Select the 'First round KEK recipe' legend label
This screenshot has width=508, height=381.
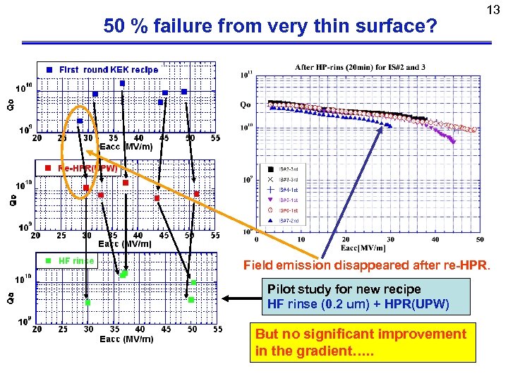tap(109, 69)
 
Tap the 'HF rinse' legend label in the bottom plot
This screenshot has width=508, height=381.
tap(76, 260)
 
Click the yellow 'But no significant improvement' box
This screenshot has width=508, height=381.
tap(361, 342)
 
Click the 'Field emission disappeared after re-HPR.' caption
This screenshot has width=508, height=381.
tap(366, 266)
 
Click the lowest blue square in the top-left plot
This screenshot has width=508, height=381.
tap(80, 121)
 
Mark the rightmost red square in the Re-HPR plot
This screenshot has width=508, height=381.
tap(197, 193)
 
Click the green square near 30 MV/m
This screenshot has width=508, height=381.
tap(87, 303)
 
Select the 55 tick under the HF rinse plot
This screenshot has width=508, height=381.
tap(217, 329)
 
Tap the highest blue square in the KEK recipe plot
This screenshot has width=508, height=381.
tap(122, 83)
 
